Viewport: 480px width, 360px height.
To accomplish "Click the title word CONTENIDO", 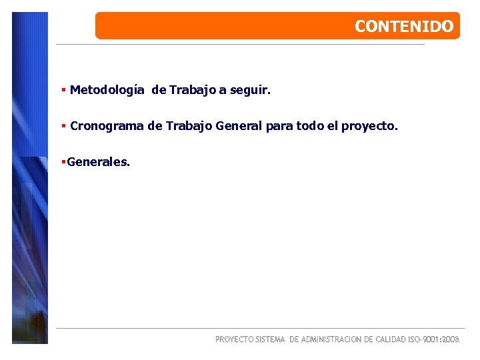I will (x=404, y=27).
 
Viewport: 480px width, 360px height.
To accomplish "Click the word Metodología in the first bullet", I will (x=107, y=89).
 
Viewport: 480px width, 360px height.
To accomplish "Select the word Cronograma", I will (x=107, y=125).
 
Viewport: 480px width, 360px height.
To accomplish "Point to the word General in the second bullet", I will (x=239, y=125).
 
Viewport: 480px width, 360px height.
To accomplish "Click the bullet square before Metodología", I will (x=63, y=89).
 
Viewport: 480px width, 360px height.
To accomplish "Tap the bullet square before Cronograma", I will (x=63, y=125).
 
